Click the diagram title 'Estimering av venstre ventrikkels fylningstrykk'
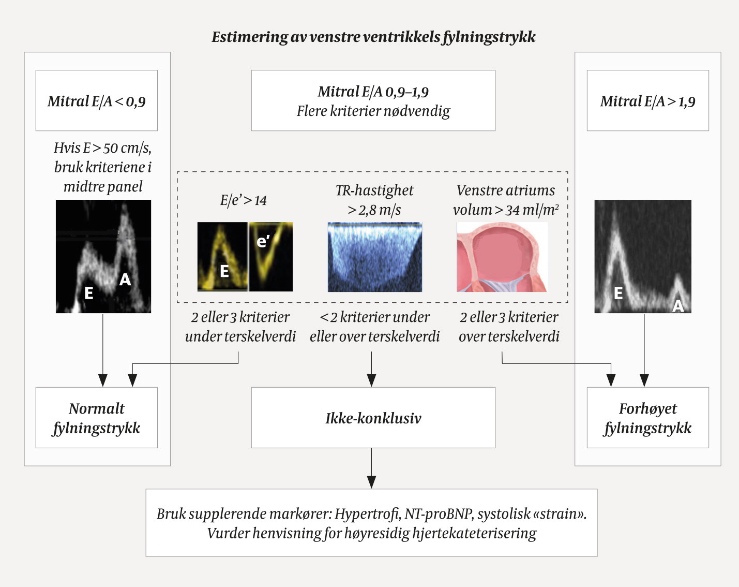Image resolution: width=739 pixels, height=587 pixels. click(373, 37)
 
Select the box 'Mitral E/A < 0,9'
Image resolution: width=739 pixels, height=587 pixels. click(97, 101)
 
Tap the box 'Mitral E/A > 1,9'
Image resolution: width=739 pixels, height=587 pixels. click(647, 101)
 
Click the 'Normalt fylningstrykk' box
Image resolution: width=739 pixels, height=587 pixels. click(97, 418)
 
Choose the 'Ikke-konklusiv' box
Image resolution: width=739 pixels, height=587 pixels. click(373, 418)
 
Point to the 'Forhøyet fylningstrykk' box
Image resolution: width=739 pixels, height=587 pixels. click(647, 418)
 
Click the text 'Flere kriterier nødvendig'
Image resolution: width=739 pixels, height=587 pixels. click(373, 111)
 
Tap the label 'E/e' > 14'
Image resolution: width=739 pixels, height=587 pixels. click(243, 200)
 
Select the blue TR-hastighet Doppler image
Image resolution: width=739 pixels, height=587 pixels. click(375, 257)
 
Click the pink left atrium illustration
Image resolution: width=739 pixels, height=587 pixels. click(502, 257)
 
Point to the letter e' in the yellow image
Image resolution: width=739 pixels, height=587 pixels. click(263, 241)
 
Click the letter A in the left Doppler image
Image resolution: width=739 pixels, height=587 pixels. click(125, 280)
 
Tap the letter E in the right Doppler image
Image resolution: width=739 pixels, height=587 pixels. click(618, 293)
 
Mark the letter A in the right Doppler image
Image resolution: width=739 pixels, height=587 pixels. click(678, 306)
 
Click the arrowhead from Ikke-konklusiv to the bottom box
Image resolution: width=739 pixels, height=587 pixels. click(371, 482)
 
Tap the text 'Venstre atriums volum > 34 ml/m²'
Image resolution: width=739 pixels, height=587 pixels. click(506, 200)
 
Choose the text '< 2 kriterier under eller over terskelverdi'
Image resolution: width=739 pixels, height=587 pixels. click(374, 327)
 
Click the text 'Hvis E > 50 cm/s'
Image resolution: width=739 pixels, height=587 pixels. click(102, 148)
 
